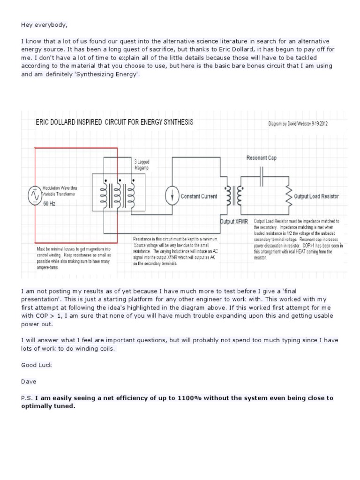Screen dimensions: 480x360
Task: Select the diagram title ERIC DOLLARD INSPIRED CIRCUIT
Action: pos(114,122)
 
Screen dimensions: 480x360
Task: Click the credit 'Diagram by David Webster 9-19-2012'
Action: pos(305,125)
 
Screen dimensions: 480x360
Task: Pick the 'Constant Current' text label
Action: pos(199,197)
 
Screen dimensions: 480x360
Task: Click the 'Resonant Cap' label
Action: pos(261,158)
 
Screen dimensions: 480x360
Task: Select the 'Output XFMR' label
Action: pos(233,221)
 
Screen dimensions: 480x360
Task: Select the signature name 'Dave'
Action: pos(29,382)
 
